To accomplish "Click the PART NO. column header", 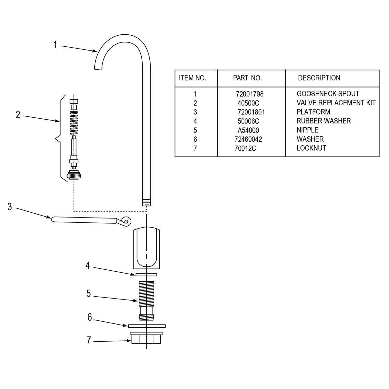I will [x=247, y=78].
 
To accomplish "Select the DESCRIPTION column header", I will [x=319, y=78].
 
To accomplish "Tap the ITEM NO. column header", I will [x=193, y=78].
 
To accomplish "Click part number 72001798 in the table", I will [x=250, y=94].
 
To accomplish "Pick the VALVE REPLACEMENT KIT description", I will [x=336, y=103].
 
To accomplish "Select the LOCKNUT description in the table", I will [x=311, y=148].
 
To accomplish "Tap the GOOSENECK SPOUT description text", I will [x=328, y=94].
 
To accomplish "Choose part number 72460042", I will [x=248, y=139].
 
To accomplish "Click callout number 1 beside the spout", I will [x=55, y=44].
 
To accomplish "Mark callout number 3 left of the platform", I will [x=10, y=206].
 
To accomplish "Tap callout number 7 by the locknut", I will [x=89, y=340].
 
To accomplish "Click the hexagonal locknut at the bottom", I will [x=146, y=339].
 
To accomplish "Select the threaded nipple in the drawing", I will [x=146, y=294].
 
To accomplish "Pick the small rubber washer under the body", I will [x=146, y=275].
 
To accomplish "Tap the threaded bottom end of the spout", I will [x=147, y=202].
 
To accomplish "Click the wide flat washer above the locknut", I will [x=147, y=326].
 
